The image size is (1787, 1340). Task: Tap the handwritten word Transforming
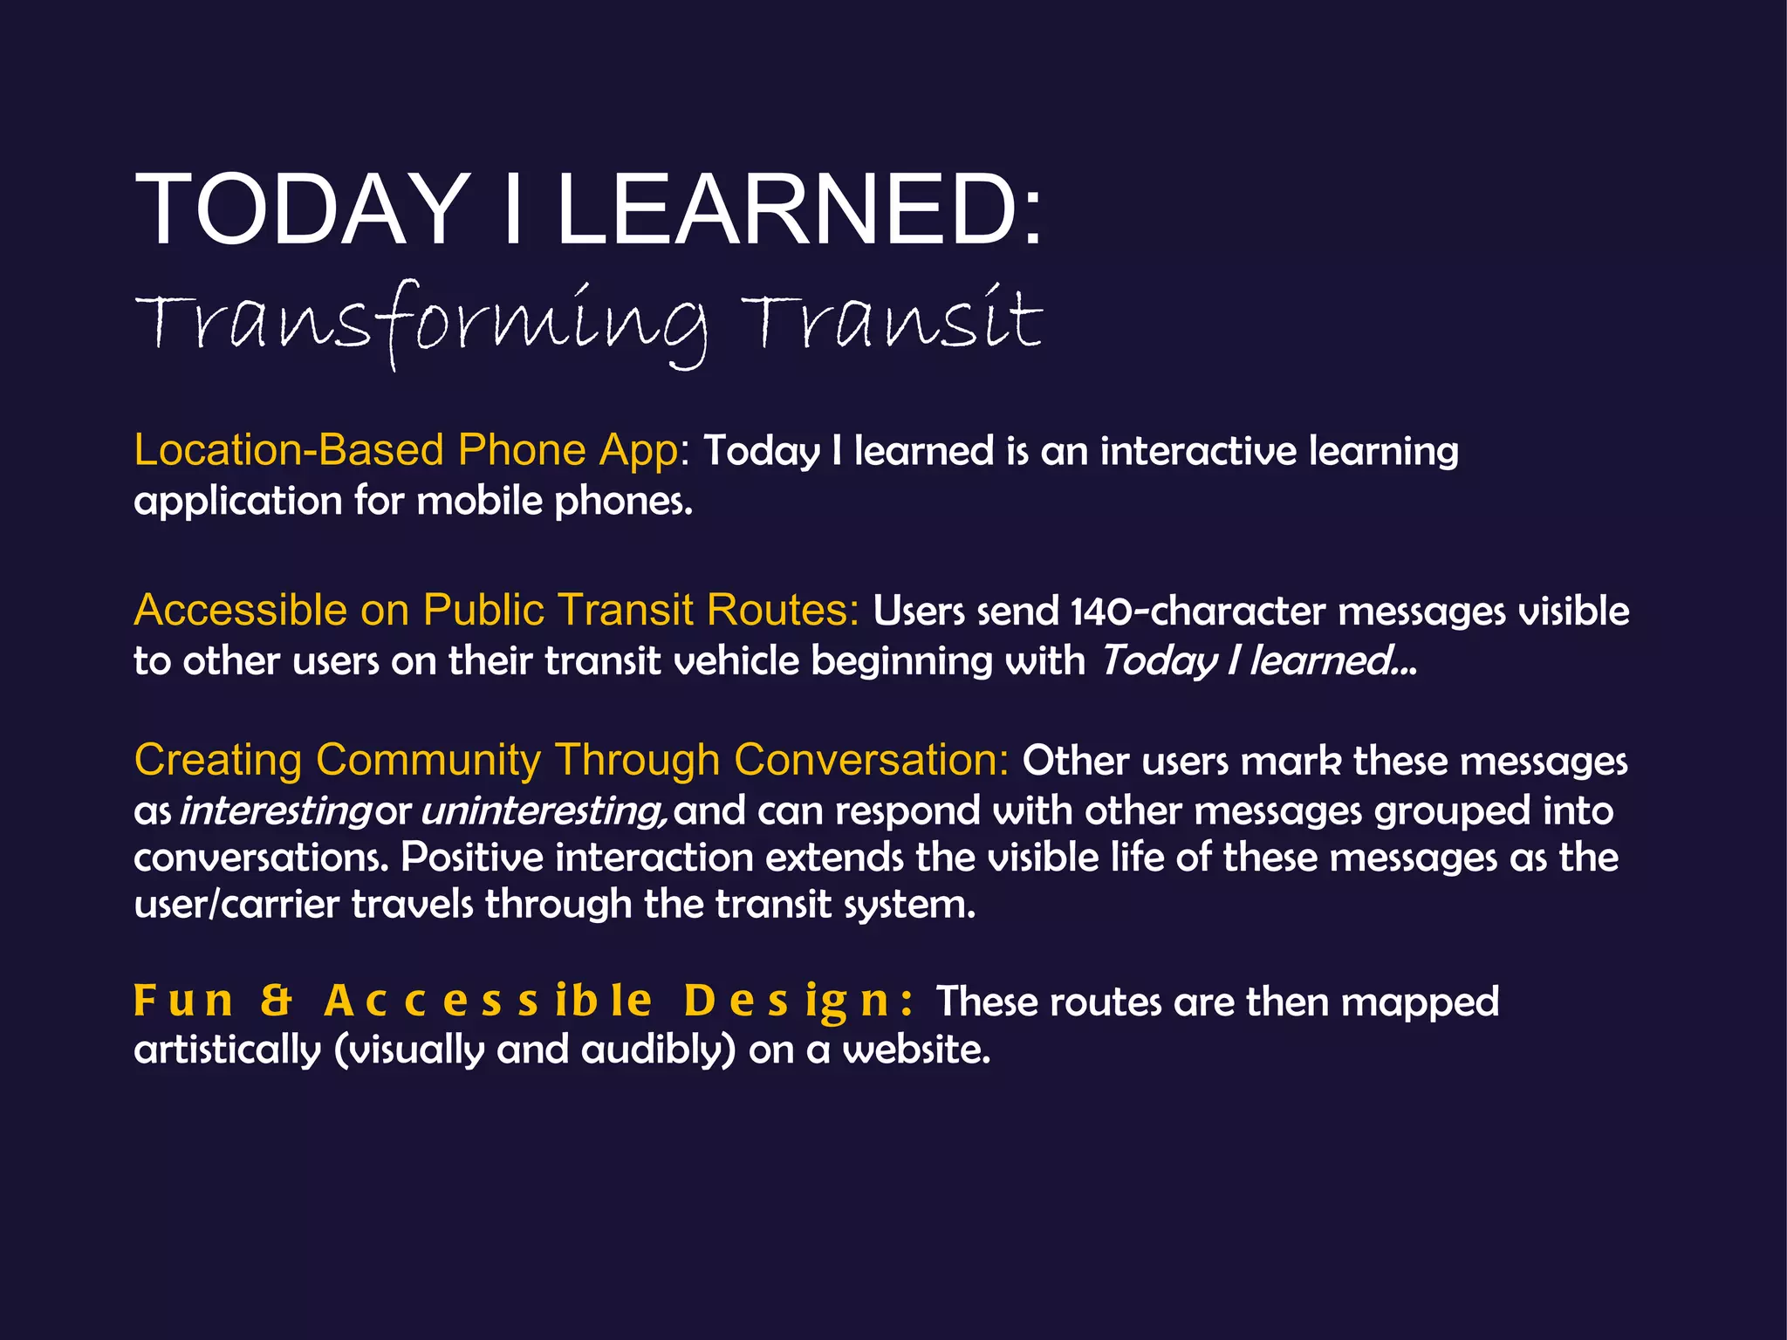click(x=419, y=323)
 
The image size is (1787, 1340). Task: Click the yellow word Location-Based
click(x=289, y=451)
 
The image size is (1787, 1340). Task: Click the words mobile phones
click(x=555, y=502)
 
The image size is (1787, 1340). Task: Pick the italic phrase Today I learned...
click(x=1256, y=660)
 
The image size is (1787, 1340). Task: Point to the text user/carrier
click(x=236, y=905)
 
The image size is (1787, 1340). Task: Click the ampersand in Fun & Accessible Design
click(x=277, y=1001)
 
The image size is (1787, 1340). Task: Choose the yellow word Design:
click(x=798, y=1001)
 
